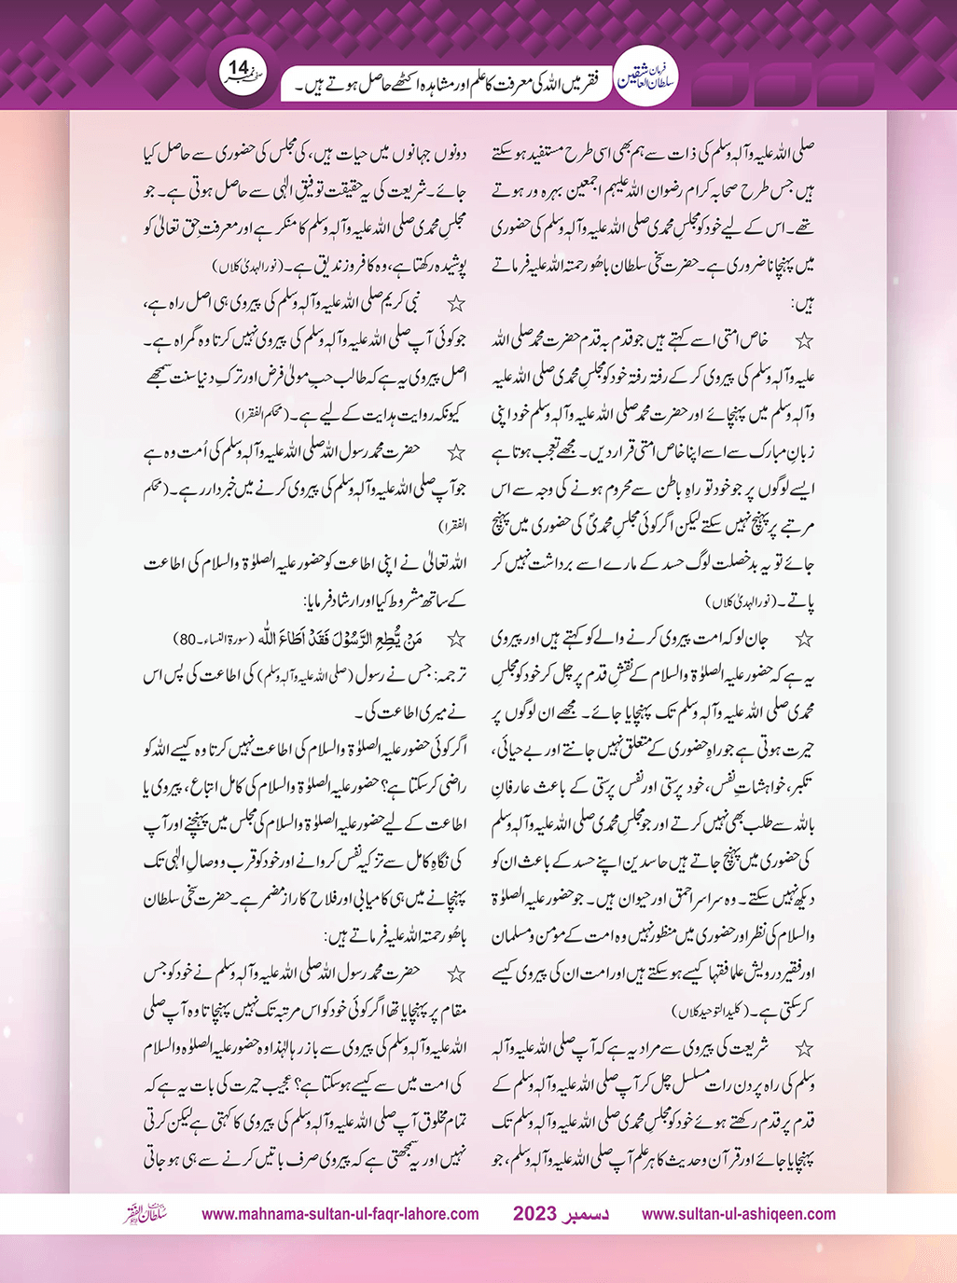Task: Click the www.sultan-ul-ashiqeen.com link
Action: click(739, 1214)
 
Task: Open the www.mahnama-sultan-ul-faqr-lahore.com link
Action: click(340, 1214)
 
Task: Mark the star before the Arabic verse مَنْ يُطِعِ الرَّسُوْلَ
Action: click(456, 639)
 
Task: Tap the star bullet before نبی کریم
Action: click(456, 302)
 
